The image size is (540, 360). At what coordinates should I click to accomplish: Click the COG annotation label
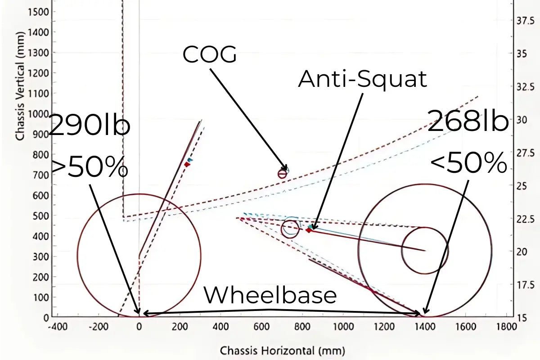[x=209, y=55]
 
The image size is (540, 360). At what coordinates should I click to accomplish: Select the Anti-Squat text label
[x=362, y=80]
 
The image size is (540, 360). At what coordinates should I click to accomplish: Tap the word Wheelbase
[x=270, y=296]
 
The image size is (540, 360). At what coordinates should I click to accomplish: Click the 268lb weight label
[x=468, y=121]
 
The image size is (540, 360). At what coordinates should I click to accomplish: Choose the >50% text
[x=89, y=167]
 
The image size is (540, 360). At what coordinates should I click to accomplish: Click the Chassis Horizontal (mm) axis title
[x=282, y=350]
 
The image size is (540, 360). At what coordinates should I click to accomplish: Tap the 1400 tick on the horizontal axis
[x=423, y=325]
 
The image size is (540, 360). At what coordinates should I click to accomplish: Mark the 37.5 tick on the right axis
[x=525, y=22]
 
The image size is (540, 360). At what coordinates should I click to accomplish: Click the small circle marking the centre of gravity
[x=282, y=174]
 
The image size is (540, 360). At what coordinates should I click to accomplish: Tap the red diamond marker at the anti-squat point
[x=308, y=230]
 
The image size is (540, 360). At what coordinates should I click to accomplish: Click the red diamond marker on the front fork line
[x=187, y=165]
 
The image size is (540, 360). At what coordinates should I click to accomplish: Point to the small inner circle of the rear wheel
[x=424, y=250]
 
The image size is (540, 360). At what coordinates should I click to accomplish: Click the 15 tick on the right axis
[x=522, y=317]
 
